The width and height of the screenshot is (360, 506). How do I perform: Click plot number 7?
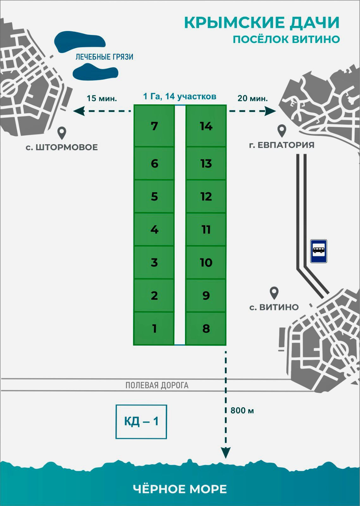point(154,126)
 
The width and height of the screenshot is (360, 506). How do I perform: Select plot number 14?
point(206,126)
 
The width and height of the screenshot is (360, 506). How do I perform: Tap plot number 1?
point(154,328)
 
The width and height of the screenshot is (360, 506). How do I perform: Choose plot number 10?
point(206,262)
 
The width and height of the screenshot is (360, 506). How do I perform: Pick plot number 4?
point(154,229)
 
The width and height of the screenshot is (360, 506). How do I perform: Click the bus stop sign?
point(319,251)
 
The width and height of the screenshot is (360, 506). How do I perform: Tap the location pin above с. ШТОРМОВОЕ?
point(62,133)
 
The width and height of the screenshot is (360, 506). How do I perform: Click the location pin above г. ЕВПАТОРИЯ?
point(282,131)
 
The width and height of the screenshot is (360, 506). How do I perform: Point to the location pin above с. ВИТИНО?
point(274,293)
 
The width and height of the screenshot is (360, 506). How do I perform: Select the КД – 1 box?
point(141,422)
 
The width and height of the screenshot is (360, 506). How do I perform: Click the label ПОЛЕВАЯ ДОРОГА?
point(157,385)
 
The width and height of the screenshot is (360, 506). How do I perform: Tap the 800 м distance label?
point(242,410)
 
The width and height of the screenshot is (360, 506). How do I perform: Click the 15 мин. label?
point(102,98)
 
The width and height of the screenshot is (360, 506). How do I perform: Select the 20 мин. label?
point(252,98)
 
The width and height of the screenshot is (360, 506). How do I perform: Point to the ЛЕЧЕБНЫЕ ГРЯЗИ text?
point(104,57)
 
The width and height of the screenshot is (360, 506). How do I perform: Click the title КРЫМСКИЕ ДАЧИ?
point(262,23)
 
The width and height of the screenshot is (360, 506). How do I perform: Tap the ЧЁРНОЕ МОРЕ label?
point(180,489)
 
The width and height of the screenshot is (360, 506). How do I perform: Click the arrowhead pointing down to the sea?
point(226,453)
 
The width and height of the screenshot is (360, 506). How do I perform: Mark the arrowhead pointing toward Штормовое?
point(79,111)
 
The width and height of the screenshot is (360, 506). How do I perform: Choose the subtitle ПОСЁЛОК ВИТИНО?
point(286,40)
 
